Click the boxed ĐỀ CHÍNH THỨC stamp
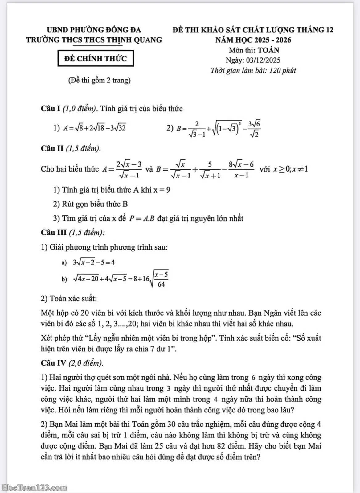coord(96,59)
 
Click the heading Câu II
coord(52,148)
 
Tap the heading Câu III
coord(54,232)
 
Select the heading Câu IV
coord(53,363)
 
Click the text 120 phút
coord(282,70)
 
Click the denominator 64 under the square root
coord(161,284)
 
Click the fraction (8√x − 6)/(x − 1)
coord(241,169)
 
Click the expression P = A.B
coord(141,218)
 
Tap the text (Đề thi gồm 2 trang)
coord(99,80)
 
